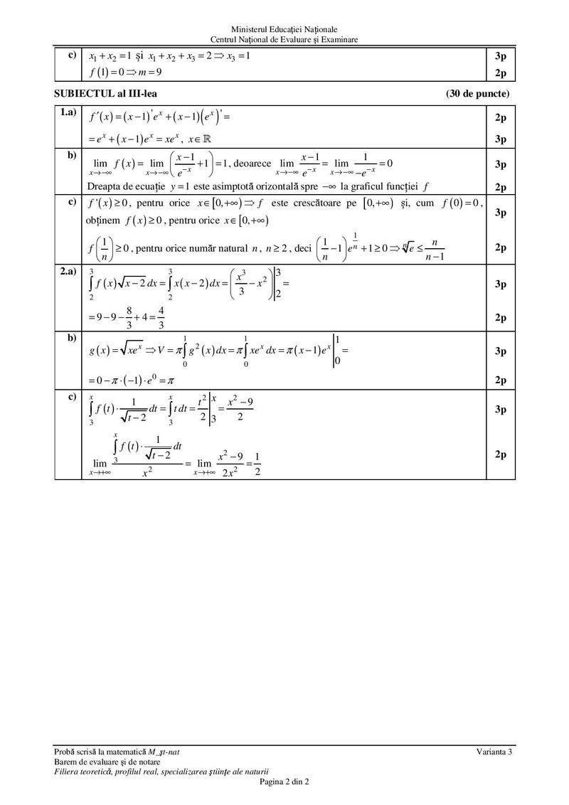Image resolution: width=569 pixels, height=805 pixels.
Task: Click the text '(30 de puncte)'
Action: pos(479,93)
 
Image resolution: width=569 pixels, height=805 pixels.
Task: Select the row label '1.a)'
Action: pos(68,113)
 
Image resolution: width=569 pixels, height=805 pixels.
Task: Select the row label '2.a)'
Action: pos(68,271)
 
